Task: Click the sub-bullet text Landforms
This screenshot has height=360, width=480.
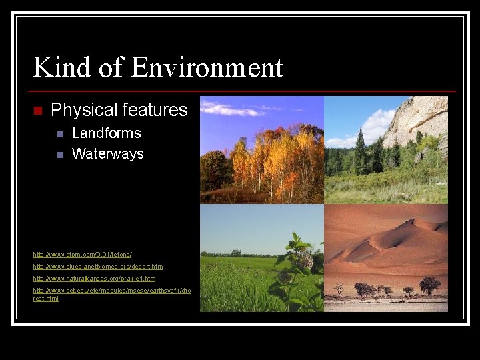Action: click(x=106, y=133)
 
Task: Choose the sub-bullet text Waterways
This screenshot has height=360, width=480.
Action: click(x=107, y=153)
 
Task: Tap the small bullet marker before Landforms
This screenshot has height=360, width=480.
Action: click(x=60, y=134)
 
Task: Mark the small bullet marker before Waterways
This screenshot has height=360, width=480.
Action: click(x=60, y=155)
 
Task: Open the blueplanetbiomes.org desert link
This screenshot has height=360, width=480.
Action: click(x=97, y=267)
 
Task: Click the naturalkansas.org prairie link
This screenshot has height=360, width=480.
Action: click(x=94, y=278)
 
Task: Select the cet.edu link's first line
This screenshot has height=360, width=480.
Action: click(x=111, y=291)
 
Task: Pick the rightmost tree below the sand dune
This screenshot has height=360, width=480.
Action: click(x=429, y=285)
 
